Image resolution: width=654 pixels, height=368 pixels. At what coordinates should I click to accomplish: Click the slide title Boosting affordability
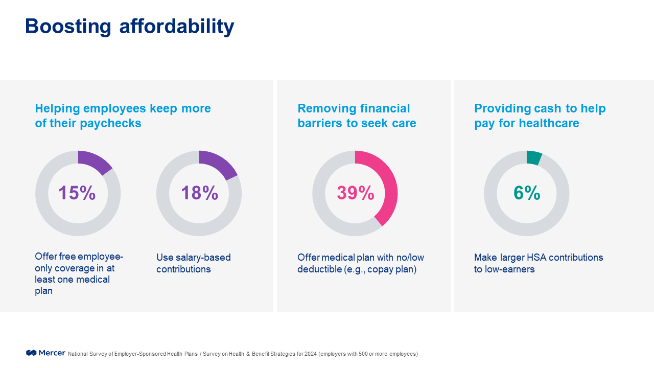[x=129, y=26]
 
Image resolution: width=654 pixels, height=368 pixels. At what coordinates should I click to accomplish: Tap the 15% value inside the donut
[x=77, y=193]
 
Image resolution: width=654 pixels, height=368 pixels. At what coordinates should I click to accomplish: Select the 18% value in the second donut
[x=199, y=193]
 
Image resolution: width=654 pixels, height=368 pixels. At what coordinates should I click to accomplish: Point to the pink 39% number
[x=355, y=193]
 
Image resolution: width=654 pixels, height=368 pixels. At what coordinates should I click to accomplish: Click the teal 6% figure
[x=527, y=193]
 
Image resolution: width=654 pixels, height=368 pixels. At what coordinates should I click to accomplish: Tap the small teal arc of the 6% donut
[x=534, y=157]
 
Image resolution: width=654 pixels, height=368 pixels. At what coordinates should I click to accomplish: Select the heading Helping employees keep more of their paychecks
[x=123, y=116]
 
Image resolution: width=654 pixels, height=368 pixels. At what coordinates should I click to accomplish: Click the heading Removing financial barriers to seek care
[x=357, y=116]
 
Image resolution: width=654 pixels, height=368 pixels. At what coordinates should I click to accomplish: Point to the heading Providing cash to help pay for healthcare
[x=540, y=116]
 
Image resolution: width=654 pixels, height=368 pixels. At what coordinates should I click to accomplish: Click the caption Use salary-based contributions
[x=193, y=263]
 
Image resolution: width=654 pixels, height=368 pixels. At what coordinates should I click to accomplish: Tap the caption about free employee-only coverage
[x=79, y=274]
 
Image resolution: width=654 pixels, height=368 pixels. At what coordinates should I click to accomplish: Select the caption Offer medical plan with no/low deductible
[x=361, y=263]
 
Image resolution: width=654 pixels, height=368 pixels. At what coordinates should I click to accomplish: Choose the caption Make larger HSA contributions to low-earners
[x=539, y=263]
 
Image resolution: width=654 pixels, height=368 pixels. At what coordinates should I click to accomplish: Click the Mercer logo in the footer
[x=45, y=353]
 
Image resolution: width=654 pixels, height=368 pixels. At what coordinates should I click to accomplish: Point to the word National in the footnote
[x=78, y=354]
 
